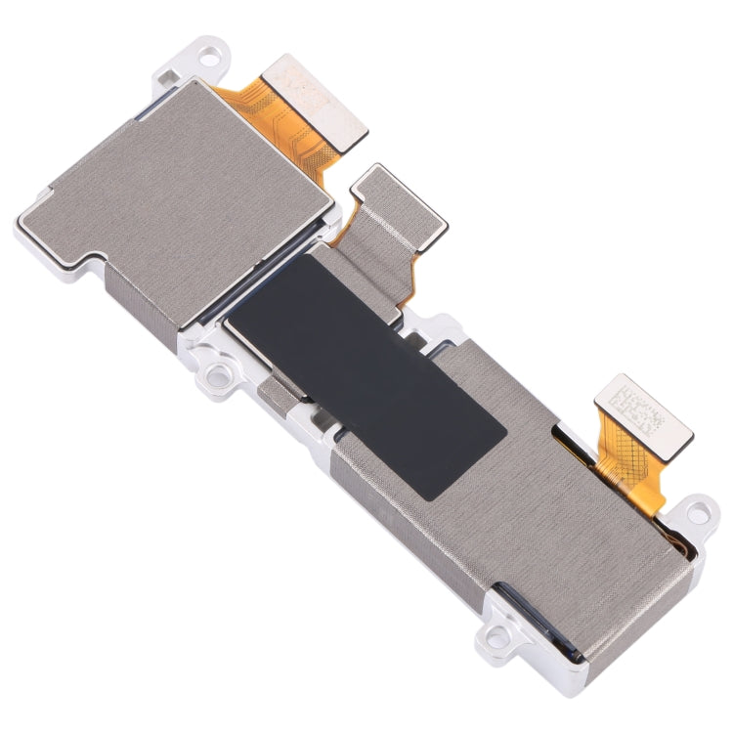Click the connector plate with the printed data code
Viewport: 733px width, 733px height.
pos(640,414)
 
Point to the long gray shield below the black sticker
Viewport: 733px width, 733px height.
pos(508,528)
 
